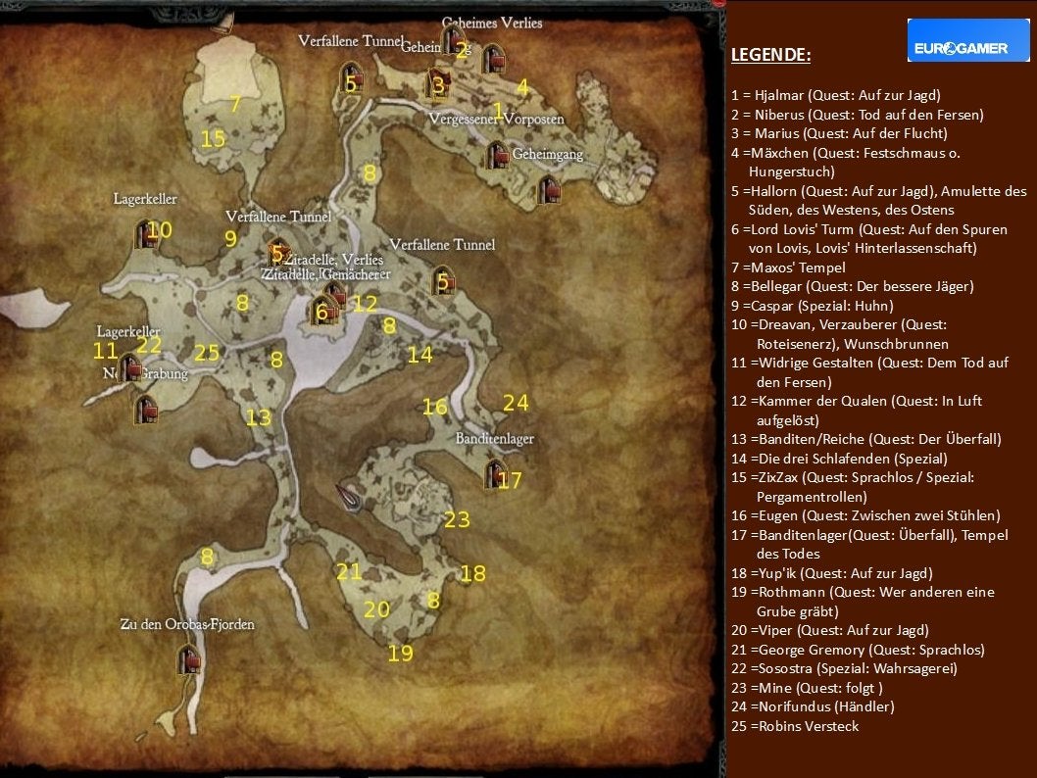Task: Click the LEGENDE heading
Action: (770, 55)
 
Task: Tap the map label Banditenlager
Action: (495, 439)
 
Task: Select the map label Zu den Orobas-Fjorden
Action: (187, 624)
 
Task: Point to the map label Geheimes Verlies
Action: (491, 23)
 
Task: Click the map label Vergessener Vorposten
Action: (496, 120)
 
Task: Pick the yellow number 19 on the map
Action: (400, 654)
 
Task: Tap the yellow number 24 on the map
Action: (516, 403)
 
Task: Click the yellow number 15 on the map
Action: (213, 139)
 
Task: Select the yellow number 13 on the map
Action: (258, 418)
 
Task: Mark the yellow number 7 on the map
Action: (235, 104)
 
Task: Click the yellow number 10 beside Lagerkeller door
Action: (160, 230)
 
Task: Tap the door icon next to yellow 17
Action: (492, 474)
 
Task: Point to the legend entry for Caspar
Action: (812, 306)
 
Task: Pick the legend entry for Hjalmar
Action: (835, 95)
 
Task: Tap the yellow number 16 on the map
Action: (434, 408)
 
